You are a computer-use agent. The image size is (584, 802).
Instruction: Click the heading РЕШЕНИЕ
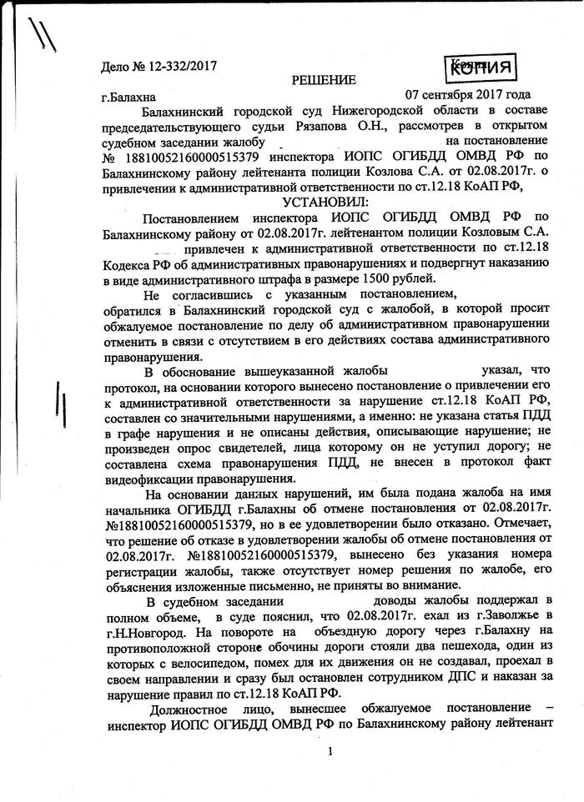[323, 80]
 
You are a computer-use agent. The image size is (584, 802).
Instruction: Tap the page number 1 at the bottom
[331, 753]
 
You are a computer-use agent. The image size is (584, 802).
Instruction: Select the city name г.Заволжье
[507, 614]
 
